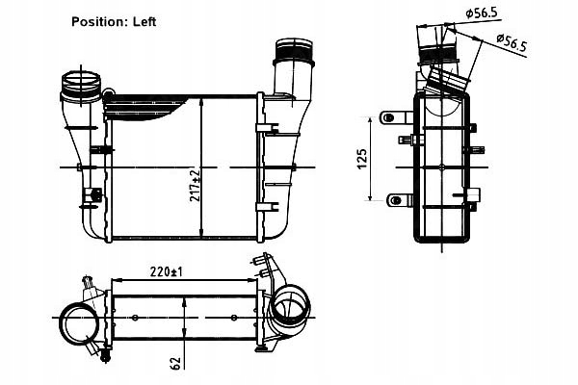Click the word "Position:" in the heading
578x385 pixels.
point(99,20)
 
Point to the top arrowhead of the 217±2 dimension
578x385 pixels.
point(199,98)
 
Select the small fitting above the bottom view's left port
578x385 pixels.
point(90,286)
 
